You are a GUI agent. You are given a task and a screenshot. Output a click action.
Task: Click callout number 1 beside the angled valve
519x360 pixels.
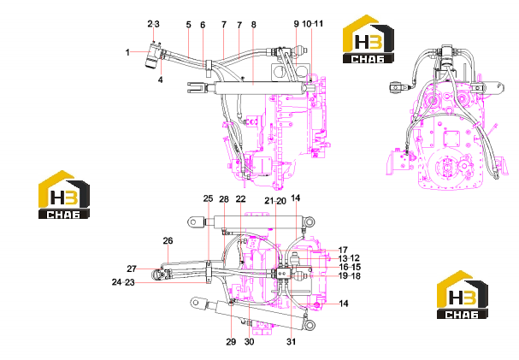tap(127, 52)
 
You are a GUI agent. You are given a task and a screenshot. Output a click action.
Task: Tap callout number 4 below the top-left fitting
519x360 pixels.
tap(161, 80)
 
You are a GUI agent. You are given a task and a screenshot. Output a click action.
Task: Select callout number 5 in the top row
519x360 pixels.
tap(189, 25)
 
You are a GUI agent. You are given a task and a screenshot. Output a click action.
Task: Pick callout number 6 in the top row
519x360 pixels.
tap(203, 25)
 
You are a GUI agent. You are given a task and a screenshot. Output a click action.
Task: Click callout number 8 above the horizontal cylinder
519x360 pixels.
tap(254, 25)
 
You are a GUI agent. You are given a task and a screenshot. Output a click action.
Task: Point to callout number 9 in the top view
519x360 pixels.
tap(296, 24)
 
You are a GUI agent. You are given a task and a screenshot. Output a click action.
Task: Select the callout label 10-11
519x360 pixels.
tap(312, 24)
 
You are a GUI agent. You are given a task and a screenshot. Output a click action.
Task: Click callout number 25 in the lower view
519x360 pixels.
tap(208, 198)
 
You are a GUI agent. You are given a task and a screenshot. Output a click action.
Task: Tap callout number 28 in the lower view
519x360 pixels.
tap(224, 199)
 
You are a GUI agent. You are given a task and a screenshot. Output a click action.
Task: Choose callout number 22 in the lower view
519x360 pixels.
tap(240, 199)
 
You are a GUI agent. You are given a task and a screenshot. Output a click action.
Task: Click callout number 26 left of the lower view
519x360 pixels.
tap(168, 240)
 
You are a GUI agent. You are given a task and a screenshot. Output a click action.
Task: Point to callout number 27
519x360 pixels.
tap(132, 269)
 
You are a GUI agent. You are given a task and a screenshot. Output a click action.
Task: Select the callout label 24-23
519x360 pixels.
tap(123, 282)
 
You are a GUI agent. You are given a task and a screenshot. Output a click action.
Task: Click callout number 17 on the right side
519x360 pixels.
tap(343, 251)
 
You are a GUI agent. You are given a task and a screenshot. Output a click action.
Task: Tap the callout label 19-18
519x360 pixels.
tap(350, 275)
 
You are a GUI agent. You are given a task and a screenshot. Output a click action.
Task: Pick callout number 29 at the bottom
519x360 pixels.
tap(231, 342)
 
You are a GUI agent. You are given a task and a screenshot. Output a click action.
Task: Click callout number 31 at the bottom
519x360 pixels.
tap(291, 342)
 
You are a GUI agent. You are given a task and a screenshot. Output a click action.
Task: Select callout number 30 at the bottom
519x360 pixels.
tap(249, 342)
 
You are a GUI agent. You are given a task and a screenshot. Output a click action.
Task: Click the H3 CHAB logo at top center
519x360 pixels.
tap(368, 39)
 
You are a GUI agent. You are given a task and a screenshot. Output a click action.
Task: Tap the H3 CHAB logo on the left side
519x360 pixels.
tap(64, 195)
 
